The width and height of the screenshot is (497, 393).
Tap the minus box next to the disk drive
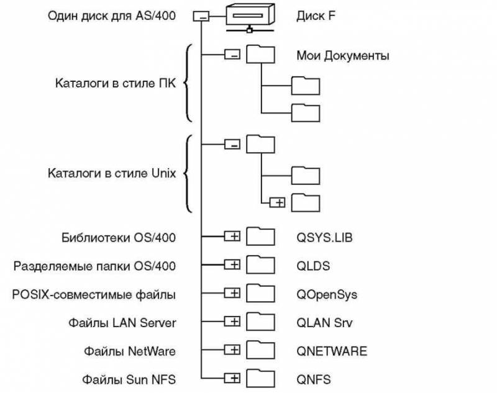tap(203, 17)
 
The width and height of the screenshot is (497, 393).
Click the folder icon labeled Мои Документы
tap(260, 55)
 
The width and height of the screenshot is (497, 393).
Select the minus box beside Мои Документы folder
tap(232, 55)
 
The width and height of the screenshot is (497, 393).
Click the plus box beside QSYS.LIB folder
tap(232, 237)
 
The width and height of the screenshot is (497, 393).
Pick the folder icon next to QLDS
tap(260, 264)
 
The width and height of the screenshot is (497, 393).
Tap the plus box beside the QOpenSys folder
tap(232, 293)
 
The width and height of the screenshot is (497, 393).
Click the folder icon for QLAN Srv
tap(260, 321)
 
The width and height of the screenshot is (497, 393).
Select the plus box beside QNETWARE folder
tap(232, 350)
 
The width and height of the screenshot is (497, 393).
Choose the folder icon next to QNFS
tap(260, 377)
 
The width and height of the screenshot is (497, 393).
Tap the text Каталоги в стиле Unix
tap(112, 173)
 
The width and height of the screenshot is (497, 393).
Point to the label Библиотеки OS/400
tap(119, 237)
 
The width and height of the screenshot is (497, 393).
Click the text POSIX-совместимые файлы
tap(94, 294)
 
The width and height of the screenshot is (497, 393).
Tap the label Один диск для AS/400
tap(111, 16)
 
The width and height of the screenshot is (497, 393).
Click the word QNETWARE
tap(332, 351)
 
